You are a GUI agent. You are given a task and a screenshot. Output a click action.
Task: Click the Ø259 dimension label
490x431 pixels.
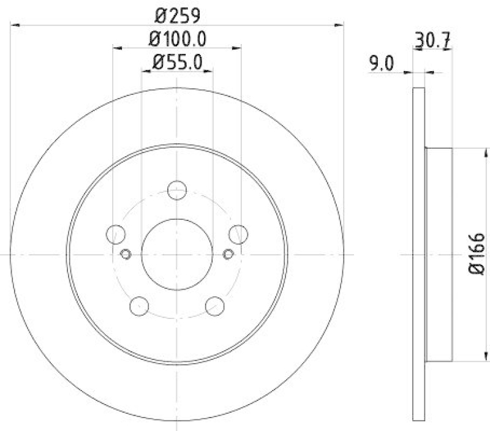point(177,13)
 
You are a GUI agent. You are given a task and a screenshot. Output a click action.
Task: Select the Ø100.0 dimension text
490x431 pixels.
point(177,39)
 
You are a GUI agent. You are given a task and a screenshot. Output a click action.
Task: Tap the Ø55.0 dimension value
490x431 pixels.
point(177,62)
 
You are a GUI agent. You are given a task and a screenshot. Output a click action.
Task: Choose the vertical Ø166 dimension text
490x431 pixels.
point(477,253)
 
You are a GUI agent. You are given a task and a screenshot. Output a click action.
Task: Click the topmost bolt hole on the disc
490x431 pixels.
point(177,190)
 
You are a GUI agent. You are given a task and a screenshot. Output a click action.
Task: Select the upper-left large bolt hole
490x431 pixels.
point(115,233)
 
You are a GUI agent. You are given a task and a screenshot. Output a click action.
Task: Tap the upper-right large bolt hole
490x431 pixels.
point(238,233)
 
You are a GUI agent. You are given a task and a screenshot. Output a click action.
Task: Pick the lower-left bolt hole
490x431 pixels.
point(140,305)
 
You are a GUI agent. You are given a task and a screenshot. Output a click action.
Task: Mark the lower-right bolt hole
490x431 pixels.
point(214,305)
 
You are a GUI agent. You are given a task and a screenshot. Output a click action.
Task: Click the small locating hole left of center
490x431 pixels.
point(126,254)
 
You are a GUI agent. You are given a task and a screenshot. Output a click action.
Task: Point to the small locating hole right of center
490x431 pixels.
point(228,254)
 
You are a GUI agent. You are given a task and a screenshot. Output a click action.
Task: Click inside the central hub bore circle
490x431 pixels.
point(177,253)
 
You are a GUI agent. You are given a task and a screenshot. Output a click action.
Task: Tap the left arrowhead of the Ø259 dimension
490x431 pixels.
point(15,25)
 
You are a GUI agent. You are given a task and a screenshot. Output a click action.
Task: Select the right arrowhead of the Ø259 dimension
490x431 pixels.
point(339,25)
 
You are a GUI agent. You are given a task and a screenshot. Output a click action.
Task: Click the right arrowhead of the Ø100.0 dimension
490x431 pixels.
point(236,47)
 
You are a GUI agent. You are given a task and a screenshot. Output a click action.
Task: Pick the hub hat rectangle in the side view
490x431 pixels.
point(439,253)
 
